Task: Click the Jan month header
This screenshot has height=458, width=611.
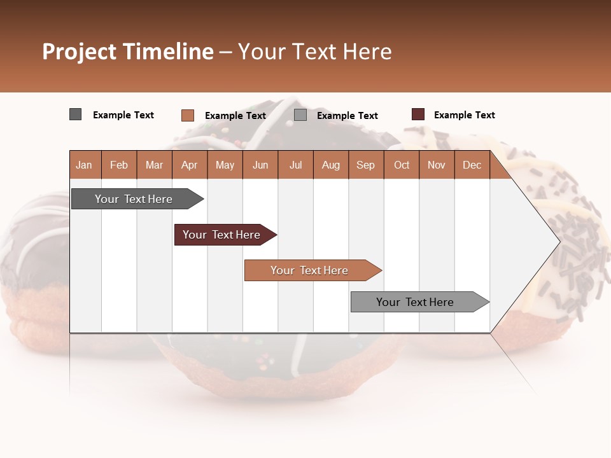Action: [85, 165]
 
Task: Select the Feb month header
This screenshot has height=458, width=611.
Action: [119, 165]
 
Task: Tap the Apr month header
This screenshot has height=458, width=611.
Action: [189, 165]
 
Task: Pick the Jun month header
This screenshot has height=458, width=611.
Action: [260, 165]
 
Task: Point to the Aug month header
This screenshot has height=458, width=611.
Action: [330, 165]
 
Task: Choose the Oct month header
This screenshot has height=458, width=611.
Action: [402, 165]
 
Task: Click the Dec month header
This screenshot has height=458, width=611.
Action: [472, 165]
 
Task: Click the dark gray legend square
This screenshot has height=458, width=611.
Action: [75, 114]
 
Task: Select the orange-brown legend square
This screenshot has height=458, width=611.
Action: [187, 115]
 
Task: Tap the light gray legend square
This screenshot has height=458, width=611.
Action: [300, 115]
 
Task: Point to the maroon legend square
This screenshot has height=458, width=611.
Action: [418, 114]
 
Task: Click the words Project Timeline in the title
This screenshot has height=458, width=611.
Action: [127, 52]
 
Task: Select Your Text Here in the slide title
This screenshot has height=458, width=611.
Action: [314, 52]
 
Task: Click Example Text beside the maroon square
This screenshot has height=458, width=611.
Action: [464, 115]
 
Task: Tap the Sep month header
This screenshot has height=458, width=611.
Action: [365, 165]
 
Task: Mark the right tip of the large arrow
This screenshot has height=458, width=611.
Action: [559, 241]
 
